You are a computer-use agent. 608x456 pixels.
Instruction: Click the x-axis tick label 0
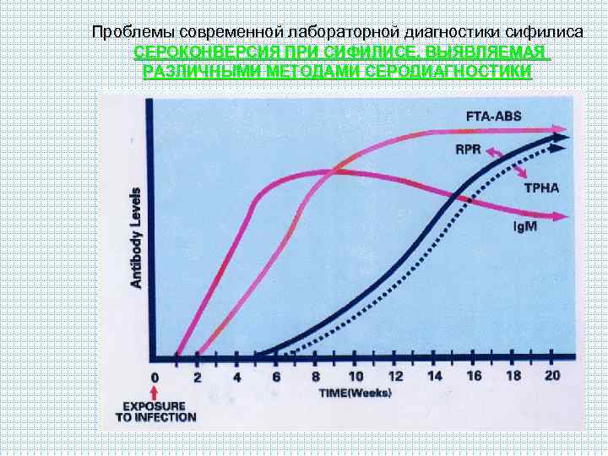point(155,377)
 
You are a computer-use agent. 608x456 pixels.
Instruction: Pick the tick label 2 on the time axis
point(198,377)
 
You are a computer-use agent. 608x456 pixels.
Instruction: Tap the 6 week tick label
point(276,377)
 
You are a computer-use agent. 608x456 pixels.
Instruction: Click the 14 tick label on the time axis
point(435,376)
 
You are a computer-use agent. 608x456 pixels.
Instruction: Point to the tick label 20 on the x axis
point(553,376)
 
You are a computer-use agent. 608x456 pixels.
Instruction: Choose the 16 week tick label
point(475,376)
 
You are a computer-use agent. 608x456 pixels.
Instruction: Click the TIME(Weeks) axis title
point(355,394)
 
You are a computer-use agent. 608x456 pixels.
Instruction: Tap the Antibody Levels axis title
point(136,238)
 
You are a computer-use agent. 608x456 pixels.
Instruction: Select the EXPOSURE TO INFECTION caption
point(155,410)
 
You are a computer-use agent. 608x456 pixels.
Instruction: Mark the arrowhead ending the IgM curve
point(561,217)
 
